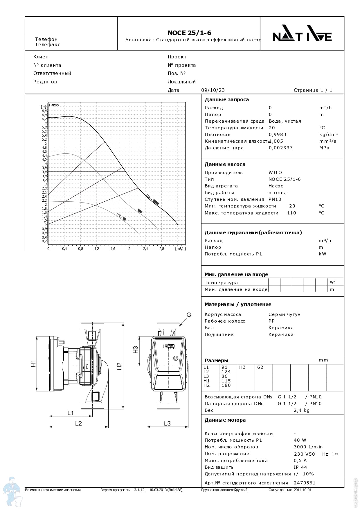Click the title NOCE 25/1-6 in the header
pyautogui.click(x=189, y=33)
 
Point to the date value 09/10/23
pyautogui.click(x=213, y=90)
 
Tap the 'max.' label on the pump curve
pyautogui.click(x=149, y=197)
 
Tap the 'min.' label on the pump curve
pyautogui.click(x=119, y=215)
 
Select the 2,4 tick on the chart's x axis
pyautogui.click(x=145, y=249)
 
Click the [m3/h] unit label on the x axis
pyautogui.click(x=180, y=249)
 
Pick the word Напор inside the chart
pyautogui.click(x=54, y=105)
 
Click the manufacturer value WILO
pyautogui.click(x=275, y=173)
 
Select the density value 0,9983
pyautogui.click(x=278, y=135)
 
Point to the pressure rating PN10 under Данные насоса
pyautogui.click(x=275, y=199)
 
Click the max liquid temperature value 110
pyautogui.click(x=291, y=213)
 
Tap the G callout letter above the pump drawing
pyautogui.click(x=189, y=315)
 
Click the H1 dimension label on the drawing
pyautogui.click(x=34, y=364)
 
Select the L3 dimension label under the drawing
pyautogui.click(x=167, y=423)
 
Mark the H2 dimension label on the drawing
pyautogui.click(x=119, y=366)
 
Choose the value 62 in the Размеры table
pyautogui.click(x=260, y=367)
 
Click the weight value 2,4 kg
pyautogui.click(x=302, y=410)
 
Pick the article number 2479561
pyautogui.click(x=305, y=483)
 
